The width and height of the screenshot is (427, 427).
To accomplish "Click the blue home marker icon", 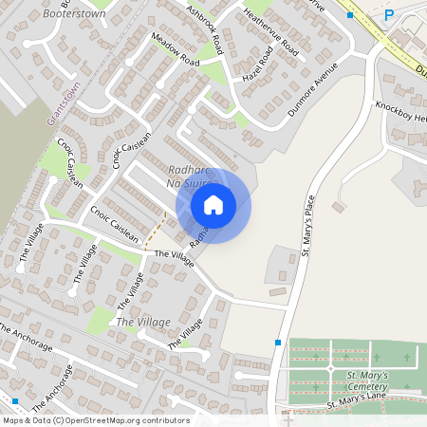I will (213, 205).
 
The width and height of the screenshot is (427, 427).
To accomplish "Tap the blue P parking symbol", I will (389, 14).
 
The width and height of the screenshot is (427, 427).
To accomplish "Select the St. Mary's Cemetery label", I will (366, 381).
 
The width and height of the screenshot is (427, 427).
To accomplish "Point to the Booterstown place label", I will (73, 15).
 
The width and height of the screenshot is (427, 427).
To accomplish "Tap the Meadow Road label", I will (175, 49).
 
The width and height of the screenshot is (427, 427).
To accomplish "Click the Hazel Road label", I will (256, 63).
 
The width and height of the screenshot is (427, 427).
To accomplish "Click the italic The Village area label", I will (142, 323).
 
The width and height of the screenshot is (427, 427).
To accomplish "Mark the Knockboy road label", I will (399, 110).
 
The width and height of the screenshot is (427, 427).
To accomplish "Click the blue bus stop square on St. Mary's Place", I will (278, 343).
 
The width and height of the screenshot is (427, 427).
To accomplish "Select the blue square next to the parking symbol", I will (350, 15).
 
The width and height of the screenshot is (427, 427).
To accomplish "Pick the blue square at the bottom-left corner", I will (15, 401).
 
